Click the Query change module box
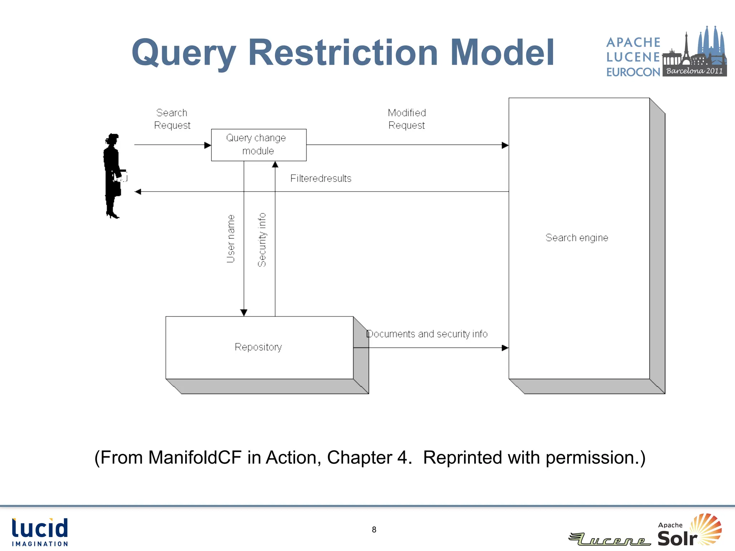click(258, 145)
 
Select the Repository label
click(258, 347)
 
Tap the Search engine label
click(576, 237)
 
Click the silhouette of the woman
click(113, 176)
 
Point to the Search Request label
click(172, 119)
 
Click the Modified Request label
click(407, 119)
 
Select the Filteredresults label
click(320, 178)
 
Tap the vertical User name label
click(231, 239)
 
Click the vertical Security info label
click(262, 240)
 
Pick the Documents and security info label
click(427, 334)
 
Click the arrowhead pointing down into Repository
click(244, 312)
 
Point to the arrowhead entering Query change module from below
click(275, 165)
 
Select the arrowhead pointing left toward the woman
click(138, 192)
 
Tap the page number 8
click(374, 530)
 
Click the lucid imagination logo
click(40, 532)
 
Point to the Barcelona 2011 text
click(694, 71)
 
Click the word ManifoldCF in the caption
click(195, 457)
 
